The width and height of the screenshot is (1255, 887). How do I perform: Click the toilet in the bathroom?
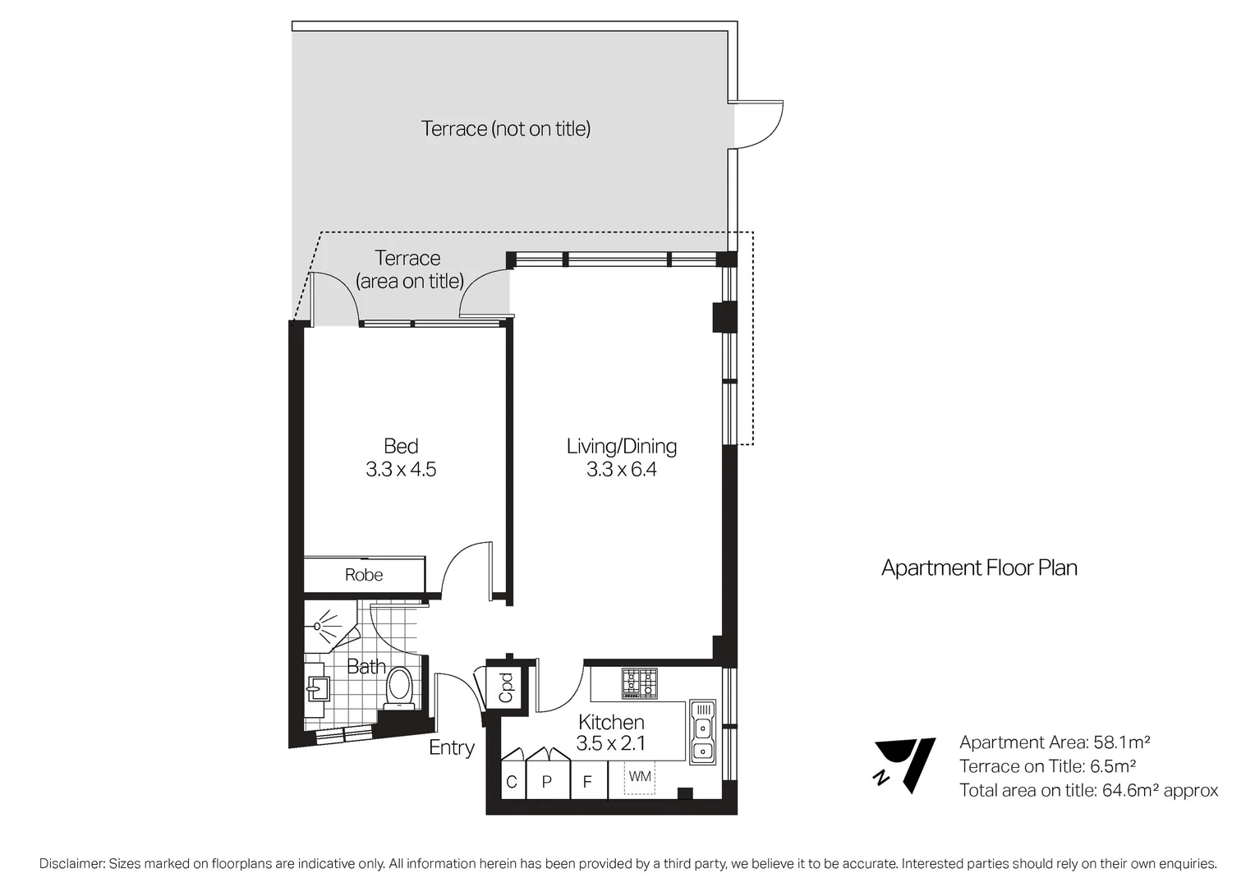tap(399, 687)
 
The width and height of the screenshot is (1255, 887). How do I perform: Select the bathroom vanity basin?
tap(317, 687)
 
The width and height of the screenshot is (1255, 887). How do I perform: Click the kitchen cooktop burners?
tap(639, 683)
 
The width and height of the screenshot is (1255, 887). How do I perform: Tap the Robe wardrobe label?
tap(363, 575)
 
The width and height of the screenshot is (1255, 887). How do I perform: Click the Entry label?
tap(452, 747)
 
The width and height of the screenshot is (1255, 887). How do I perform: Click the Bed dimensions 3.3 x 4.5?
tap(401, 470)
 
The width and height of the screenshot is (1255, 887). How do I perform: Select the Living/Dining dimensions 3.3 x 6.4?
tap(621, 470)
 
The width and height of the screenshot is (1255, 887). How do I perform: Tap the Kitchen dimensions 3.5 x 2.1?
tap(610, 744)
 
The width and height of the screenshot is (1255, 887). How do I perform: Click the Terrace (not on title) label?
tap(506, 129)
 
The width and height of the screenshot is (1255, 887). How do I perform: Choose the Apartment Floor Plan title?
tap(979, 568)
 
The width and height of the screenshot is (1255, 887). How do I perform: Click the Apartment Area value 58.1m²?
tap(1121, 742)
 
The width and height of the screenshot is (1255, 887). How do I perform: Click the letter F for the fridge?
tap(587, 782)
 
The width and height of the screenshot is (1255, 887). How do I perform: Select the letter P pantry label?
tap(546, 782)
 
